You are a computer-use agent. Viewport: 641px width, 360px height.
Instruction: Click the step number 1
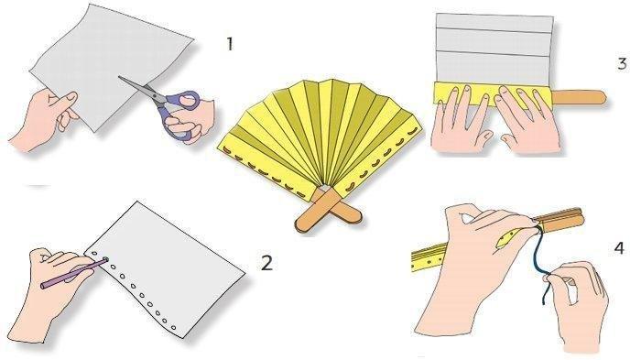230,44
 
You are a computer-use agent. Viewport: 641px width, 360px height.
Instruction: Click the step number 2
266,263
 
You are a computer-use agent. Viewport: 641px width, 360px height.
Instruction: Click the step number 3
622,63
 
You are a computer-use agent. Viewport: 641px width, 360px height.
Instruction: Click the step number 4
619,248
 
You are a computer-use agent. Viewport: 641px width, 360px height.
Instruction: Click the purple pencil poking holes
73,272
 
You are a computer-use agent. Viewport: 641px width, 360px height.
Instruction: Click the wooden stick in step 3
579,97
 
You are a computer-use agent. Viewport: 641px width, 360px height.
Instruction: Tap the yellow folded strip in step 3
493,94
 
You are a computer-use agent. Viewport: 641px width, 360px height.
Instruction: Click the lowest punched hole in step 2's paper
173,327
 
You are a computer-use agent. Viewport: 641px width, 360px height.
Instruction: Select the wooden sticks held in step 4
560,220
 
